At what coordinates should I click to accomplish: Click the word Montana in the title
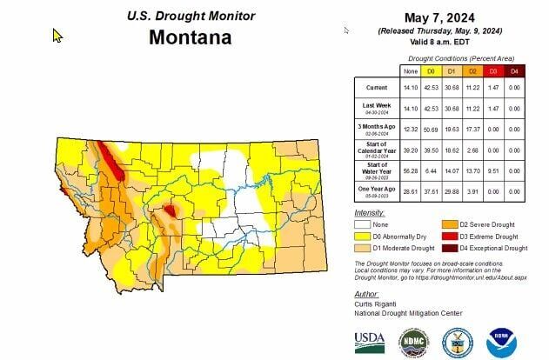click(190, 37)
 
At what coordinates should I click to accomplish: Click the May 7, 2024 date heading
click(445, 17)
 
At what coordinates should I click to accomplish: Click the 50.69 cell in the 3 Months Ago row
click(431, 129)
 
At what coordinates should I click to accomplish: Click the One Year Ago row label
click(376, 190)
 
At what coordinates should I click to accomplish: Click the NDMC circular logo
click(413, 340)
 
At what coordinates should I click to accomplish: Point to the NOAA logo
click(501, 340)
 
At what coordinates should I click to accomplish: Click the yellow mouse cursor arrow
click(58, 36)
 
